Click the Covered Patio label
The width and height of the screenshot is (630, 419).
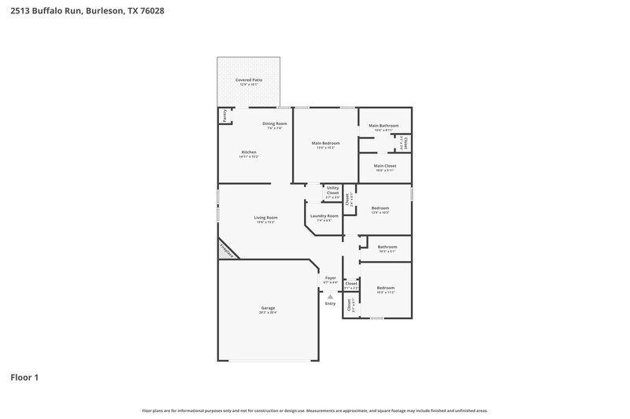point(249,80)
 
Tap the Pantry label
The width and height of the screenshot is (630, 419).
point(224,116)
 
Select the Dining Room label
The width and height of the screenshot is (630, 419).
point(274,123)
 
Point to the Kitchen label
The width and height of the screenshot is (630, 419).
point(249,152)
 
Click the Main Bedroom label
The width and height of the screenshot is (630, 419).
point(325,143)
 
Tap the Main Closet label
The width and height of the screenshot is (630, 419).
point(385,166)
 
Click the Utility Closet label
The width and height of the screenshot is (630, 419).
point(332,190)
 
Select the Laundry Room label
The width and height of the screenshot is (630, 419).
point(324,215)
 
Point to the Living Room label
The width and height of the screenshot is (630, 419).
point(265,218)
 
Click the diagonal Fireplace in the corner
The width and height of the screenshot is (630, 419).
point(226,250)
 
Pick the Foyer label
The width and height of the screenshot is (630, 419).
point(331,277)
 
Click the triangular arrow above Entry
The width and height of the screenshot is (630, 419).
point(331,296)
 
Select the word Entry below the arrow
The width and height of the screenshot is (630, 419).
point(331,303)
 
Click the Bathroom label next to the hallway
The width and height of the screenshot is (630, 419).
point(387,247)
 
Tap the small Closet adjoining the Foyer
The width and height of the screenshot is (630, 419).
point(351,285)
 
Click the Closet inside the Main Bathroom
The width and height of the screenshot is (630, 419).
point(406,143)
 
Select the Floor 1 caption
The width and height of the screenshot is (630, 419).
point(24,377)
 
